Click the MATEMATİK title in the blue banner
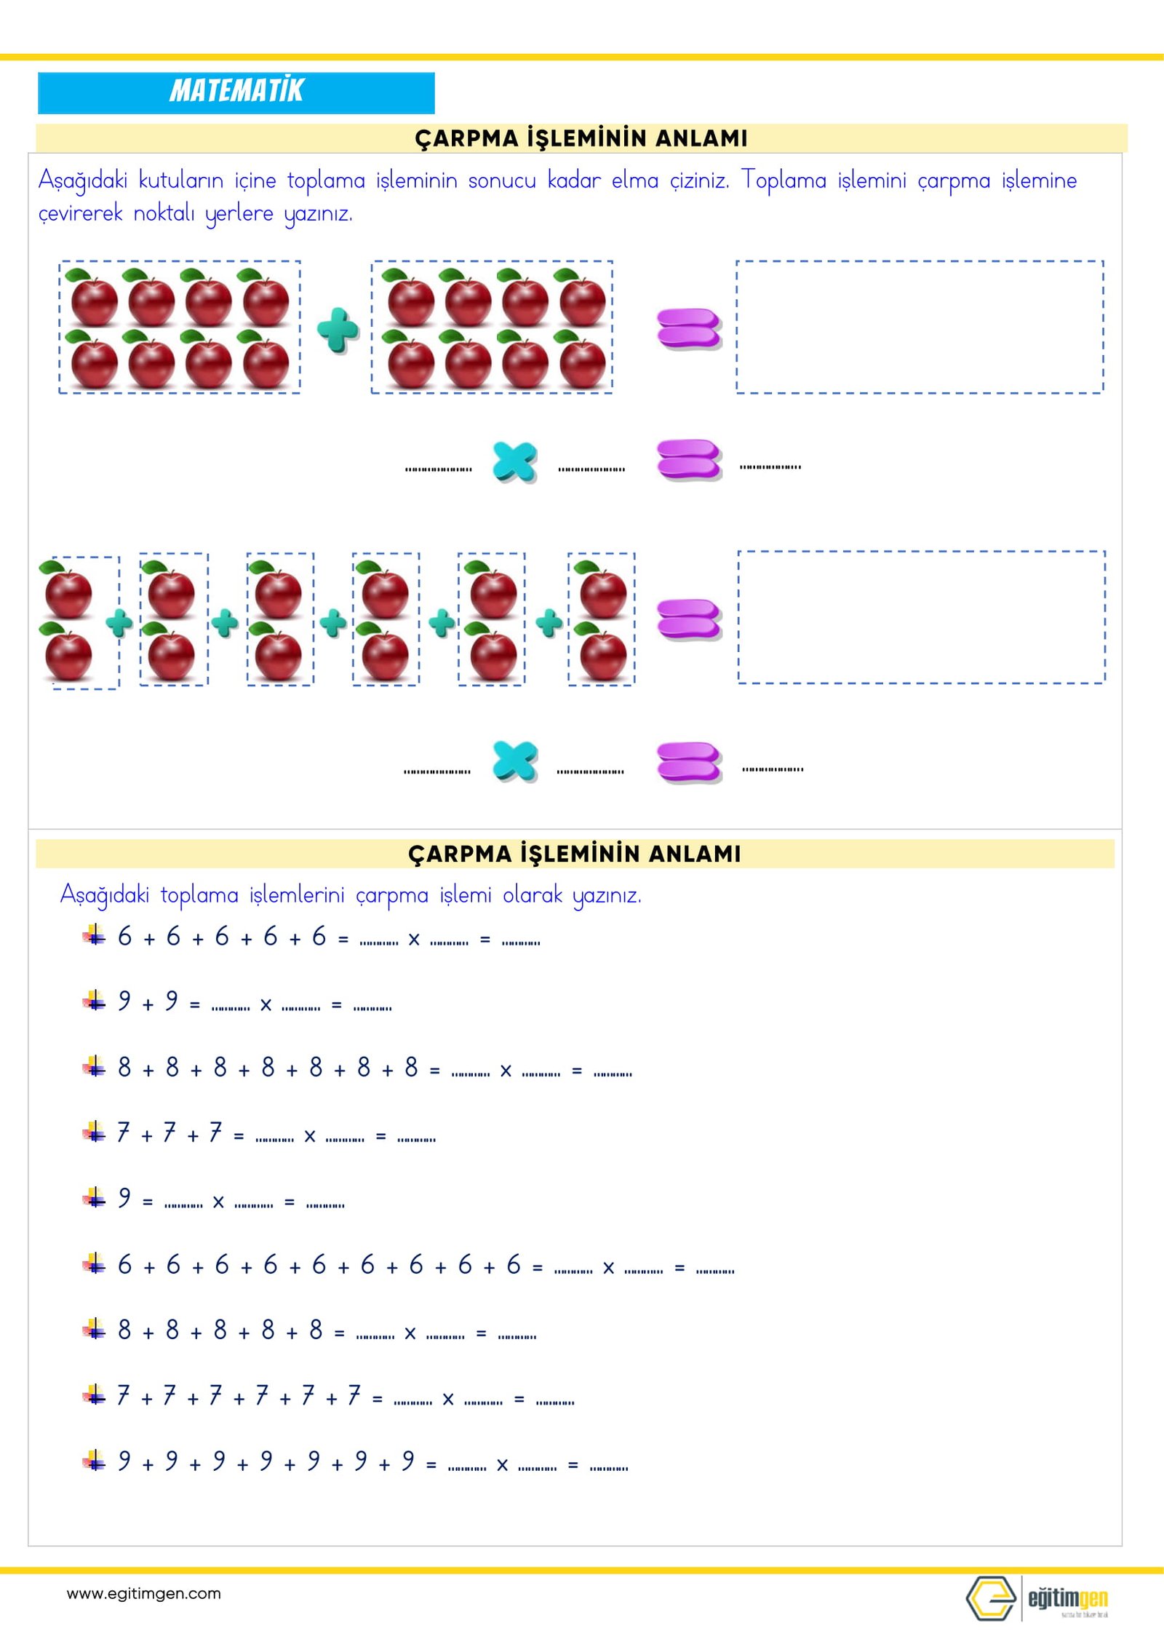click(x=236, y=91)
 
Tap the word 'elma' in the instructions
click(x=634, y=180)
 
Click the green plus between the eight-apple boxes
click(x=338, y=330)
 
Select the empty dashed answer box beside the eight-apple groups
click(x=920, y=327)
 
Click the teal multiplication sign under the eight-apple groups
click(x=514, y=461)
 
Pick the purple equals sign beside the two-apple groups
click(x=688, y=619)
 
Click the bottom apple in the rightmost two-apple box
click(x=602, y=654)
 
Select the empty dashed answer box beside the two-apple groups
click(x=921, y=617)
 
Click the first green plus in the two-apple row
click(x=119, y=622)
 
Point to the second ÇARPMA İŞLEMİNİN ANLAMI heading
click(x=574, y=854)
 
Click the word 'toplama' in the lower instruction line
click(x=199, y=894)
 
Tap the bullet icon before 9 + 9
click(x=94, y=1001)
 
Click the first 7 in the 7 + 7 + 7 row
click(x=124, y=1132)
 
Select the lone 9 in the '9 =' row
click(x=124, y=1198)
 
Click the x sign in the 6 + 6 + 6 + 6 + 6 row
click(x=414, y=940)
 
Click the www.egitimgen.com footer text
click(x=143, y=1593)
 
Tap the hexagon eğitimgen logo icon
click(x=990, y=1598)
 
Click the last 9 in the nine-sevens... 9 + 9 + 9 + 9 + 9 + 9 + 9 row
click(x=408, y=1461)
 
